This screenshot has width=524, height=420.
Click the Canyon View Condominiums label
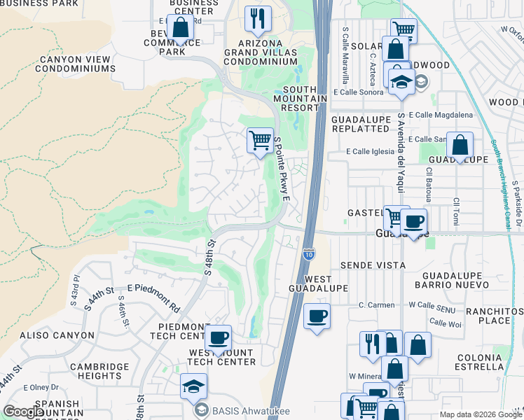(69, 62)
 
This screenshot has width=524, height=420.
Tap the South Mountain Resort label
(305, 98)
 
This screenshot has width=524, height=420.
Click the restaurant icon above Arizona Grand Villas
(258, 20)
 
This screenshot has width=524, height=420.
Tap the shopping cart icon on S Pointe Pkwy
(260, 141)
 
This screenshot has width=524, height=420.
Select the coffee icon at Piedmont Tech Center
(219, 338)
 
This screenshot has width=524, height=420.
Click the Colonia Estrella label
(479, 362)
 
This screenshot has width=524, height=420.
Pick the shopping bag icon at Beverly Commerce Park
(180, 27)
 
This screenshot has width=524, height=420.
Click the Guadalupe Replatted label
(360, 125)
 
